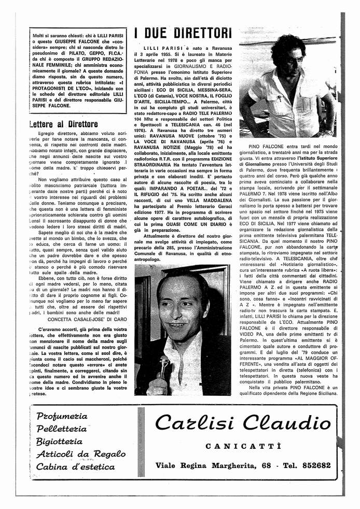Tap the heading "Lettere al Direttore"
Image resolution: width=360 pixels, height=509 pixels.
tap(64, 124)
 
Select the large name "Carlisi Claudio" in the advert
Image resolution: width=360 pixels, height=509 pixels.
tap(243, 423)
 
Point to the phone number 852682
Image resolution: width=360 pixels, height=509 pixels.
tap(311, 465)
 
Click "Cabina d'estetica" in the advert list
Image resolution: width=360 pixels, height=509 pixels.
tap(75, 466)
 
